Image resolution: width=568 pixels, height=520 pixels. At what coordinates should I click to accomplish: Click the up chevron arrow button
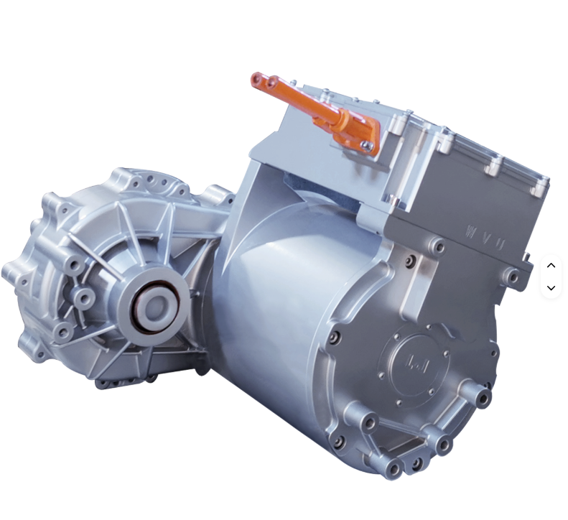[551, 265]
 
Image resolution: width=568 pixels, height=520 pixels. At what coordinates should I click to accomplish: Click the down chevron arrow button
[551, 288]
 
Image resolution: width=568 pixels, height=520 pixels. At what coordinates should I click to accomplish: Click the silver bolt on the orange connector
[367, 146]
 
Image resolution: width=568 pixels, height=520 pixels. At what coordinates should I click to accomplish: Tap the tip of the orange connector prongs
[256, 79]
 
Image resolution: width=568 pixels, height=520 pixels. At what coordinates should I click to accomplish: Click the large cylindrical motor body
[287, 302]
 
